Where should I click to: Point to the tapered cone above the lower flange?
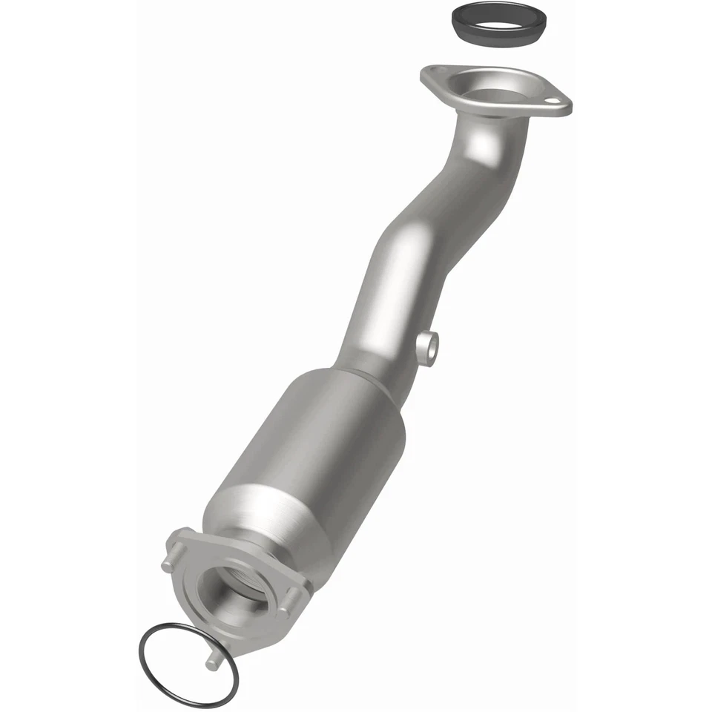pos(252,519)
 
